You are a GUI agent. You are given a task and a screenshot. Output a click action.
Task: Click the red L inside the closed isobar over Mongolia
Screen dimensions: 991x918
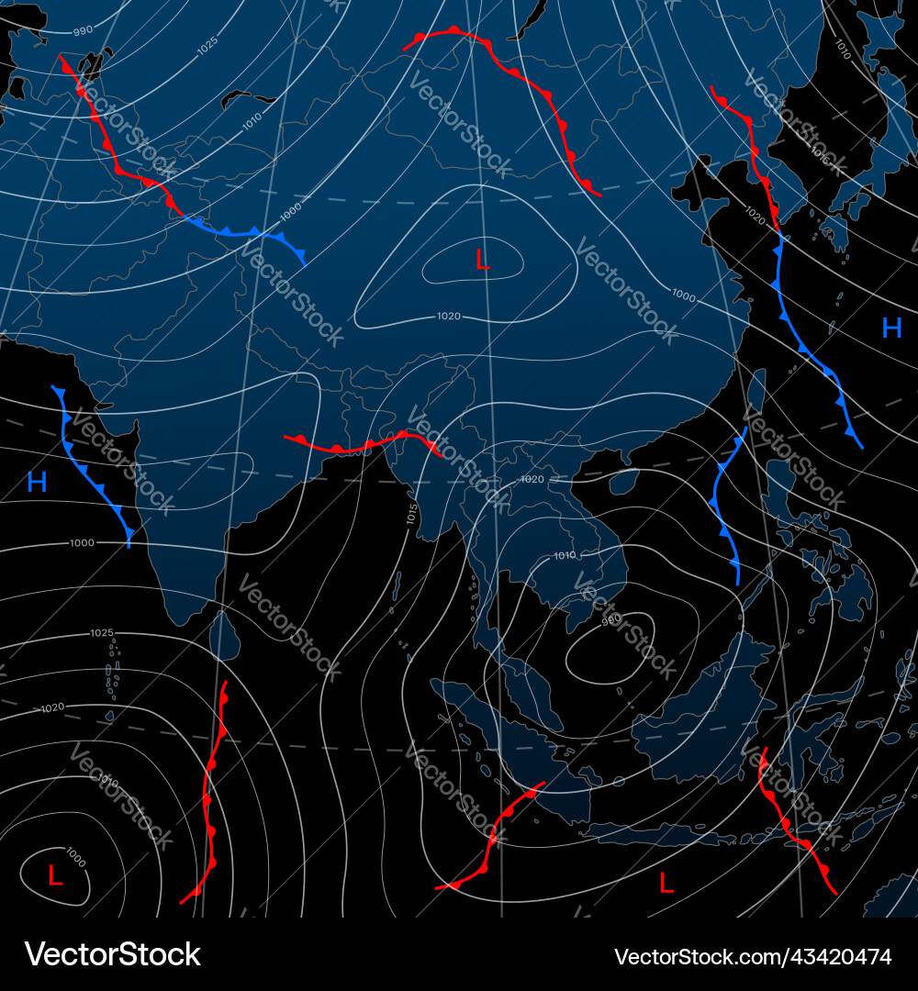tap(482, 260)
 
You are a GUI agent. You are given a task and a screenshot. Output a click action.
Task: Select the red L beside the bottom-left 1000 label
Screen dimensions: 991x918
tap(54, 875)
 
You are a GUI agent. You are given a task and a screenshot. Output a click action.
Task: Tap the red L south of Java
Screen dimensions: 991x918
tap(666, 883)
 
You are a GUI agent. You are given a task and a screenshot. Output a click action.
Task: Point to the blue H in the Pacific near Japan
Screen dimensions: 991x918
tap(891, 328)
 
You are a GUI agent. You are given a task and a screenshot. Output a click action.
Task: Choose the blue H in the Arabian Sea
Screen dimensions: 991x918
tap(37, 482)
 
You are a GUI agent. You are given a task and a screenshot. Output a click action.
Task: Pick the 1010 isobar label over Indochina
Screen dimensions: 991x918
tap(565, 555)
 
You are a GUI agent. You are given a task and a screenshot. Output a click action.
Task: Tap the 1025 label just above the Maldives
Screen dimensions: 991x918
tap(102, 633)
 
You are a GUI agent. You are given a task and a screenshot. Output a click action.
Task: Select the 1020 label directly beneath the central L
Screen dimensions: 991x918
tap(449, 317)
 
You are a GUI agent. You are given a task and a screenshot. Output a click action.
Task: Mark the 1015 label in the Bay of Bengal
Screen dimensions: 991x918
tap(411, 514)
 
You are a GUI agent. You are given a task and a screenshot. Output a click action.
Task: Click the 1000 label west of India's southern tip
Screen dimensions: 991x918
tap(82, 543)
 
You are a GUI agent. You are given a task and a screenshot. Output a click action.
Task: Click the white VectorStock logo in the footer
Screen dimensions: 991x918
tap(112, 954)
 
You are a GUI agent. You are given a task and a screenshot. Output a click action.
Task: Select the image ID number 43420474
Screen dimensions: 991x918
tap(753, 956)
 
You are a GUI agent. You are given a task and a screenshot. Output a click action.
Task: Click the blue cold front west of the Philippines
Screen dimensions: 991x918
tap(725, 505)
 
